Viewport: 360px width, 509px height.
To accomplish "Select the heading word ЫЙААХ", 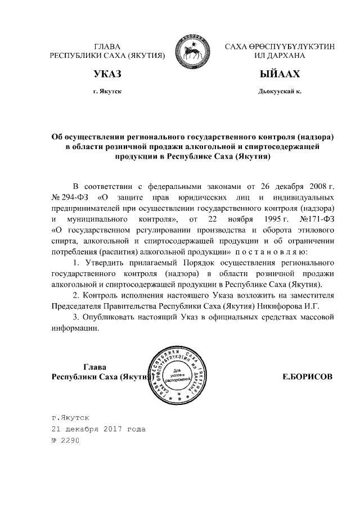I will (279, 74).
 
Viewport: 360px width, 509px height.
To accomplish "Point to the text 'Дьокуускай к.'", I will (279, 91).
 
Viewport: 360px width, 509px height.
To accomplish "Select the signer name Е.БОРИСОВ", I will (307, 377).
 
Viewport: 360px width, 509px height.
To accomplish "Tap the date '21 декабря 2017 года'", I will (98, 429).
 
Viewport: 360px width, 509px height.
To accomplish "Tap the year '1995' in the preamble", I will (263, 219).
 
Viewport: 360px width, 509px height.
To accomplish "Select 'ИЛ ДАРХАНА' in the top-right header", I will (279, 56).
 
